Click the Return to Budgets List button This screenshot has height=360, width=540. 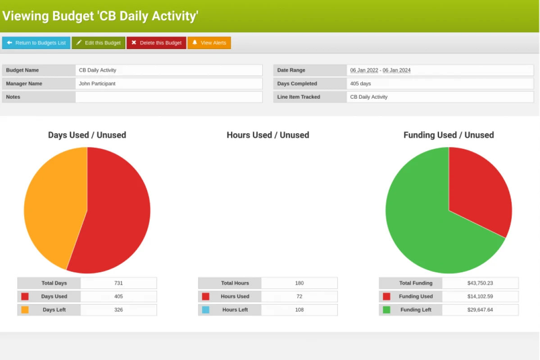tap(36, 43)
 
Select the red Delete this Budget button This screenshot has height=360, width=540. tap(156, 43)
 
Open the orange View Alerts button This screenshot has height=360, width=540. tap(209, 43)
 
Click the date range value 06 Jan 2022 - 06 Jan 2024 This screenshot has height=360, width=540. tap(380, 70)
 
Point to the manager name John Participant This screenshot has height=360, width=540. tap(97, 84)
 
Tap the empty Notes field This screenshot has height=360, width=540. tap(168, 97)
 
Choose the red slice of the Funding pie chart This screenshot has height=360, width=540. tap(477, 189)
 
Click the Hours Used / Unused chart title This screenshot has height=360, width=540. tap(268, 135)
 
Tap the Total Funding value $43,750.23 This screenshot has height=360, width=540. tap(480, 283)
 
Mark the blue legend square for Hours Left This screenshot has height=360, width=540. tap(205, 310)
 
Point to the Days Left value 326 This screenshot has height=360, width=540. tap(118, 310)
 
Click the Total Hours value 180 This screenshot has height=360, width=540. tap(299, 283)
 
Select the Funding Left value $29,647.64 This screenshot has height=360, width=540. tap(480, 310)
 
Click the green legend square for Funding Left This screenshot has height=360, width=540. tap(386, 310)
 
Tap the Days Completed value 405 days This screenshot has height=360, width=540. tap(361, 84)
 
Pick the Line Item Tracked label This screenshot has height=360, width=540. tap(299, 97)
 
